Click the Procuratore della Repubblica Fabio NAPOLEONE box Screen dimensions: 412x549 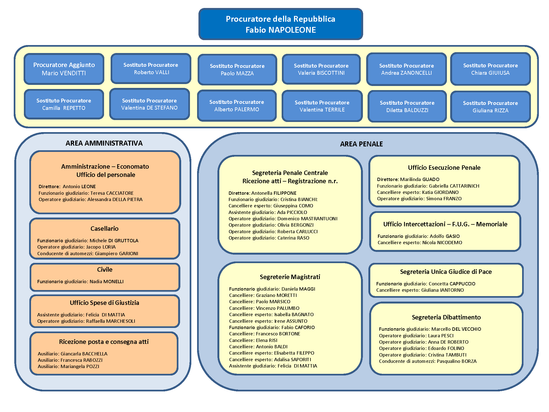point(281,24)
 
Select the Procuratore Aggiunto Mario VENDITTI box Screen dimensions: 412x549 point(64,69)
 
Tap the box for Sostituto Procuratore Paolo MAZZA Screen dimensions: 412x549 point(237,70)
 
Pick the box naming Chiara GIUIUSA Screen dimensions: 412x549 point(490,69)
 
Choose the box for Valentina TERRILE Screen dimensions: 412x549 point(322,106)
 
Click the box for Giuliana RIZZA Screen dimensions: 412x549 point(490,107)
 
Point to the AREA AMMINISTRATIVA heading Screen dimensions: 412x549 point(104,143)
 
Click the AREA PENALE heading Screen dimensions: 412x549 point(361,144)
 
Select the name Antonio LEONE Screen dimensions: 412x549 point(79,186)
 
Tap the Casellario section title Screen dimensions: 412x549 point(105,229)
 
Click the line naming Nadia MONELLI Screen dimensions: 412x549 point(80,282)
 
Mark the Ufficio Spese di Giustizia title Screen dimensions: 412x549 point(105,303)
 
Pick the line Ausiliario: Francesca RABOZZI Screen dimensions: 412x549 point(70,360)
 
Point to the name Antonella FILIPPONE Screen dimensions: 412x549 point(274,193)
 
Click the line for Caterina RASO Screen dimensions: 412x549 point(269,238)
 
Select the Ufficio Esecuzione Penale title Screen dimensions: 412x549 point(444,168)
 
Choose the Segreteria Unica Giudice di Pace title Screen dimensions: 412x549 point(446,272)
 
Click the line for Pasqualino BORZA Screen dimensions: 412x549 point(428,361)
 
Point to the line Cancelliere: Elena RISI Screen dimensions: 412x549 point(253,340)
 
